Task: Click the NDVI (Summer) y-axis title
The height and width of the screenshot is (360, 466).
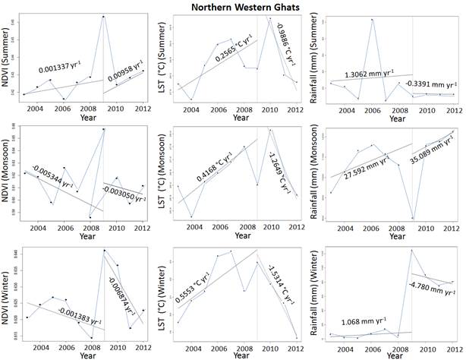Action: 7,55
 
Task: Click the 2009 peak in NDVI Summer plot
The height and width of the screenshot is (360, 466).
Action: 104,16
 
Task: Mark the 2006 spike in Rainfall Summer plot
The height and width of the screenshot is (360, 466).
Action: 372,20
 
